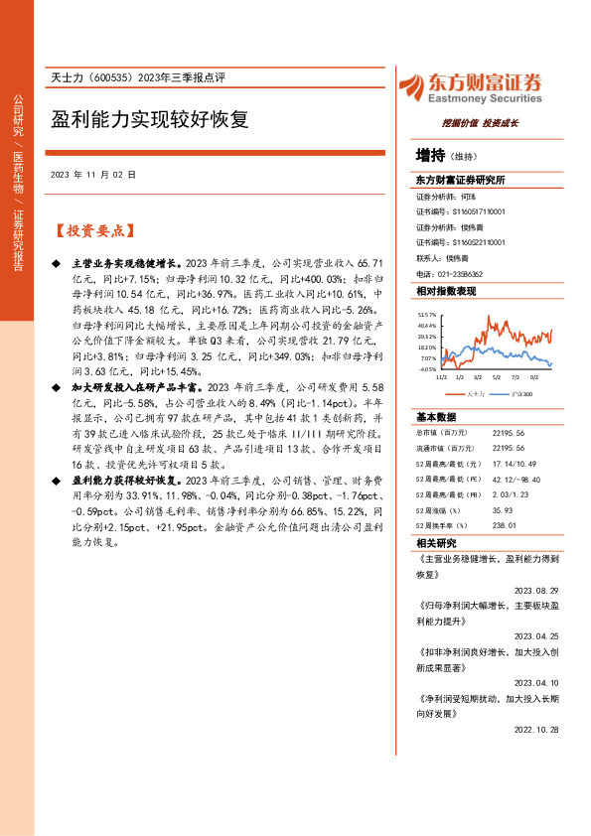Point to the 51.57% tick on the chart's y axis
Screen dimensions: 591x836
[x=427, y=313]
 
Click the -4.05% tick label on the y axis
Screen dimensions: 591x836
[x=427, y=368]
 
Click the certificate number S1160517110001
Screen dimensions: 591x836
[x=480, y=211]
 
